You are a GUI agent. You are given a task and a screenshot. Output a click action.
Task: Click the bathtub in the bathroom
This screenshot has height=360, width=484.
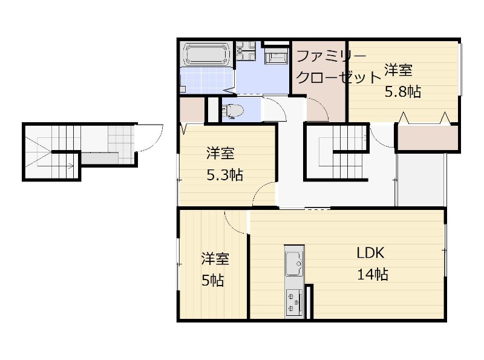206,54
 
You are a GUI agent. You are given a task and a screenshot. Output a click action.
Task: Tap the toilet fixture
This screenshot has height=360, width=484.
232,110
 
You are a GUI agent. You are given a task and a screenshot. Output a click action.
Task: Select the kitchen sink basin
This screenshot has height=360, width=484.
294,263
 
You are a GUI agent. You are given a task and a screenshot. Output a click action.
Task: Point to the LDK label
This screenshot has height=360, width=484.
370,253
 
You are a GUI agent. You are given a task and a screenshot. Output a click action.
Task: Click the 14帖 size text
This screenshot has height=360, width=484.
373,274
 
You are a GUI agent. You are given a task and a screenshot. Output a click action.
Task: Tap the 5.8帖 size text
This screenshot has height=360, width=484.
403,92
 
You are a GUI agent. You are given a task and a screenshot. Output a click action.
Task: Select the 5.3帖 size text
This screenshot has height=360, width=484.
224,175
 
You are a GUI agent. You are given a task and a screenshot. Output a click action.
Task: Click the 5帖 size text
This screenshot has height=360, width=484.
213,281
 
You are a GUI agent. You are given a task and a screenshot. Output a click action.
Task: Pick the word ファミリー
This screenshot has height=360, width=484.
331,56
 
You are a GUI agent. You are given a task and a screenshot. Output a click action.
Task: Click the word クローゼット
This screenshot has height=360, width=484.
339,77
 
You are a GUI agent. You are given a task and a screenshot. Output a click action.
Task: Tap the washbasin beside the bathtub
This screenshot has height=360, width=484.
246,51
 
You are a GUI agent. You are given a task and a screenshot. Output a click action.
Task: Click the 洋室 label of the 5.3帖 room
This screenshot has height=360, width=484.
220,154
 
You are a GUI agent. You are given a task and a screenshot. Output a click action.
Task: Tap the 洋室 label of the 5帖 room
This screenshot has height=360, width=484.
215,259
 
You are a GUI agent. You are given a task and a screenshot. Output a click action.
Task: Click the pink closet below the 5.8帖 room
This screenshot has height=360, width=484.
427,137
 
